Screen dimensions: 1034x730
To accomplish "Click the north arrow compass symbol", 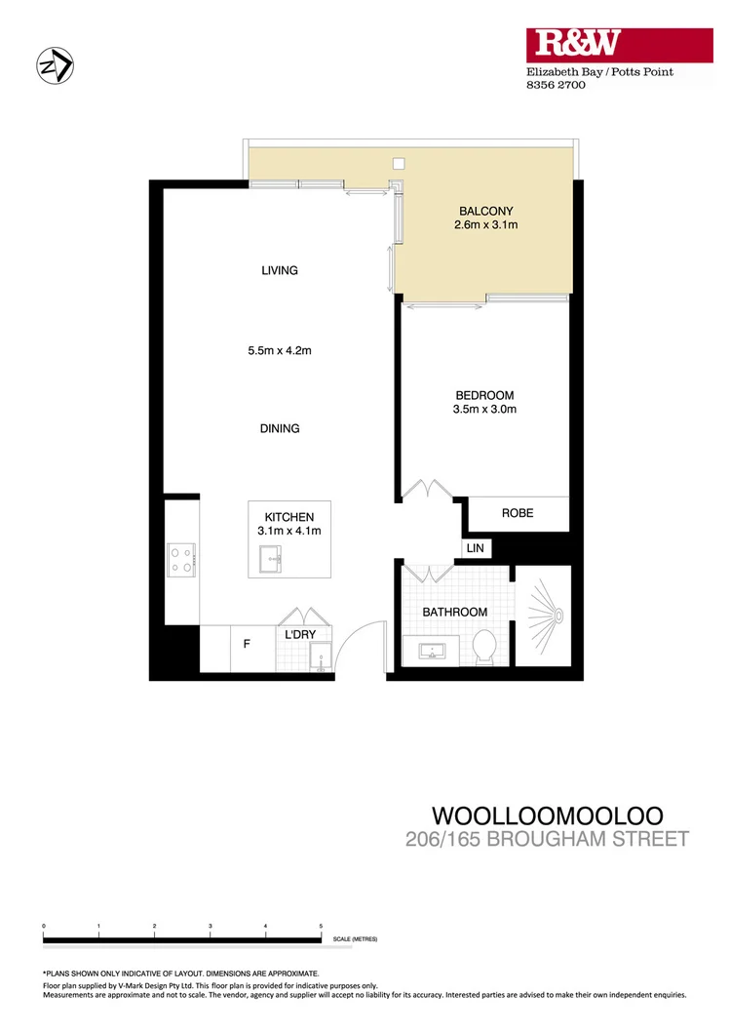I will tap(55, 66).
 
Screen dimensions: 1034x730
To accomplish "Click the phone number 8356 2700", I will tap(549, 86).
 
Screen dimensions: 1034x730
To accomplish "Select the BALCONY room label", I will tap(485, 211).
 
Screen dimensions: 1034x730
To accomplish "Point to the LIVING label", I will tap(279, 270).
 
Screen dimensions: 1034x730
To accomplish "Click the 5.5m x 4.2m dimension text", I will tap(279, 351).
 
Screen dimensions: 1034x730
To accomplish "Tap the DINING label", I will tap(280, 428).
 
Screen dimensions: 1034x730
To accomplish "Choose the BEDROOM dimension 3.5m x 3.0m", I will tap(485, 410).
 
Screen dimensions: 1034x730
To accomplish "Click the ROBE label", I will tap(517, 513).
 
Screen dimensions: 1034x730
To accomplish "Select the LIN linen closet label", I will tap(476, 549).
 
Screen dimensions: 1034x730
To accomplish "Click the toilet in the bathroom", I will tap(484, 647).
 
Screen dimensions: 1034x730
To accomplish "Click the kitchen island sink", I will tap(270, 559).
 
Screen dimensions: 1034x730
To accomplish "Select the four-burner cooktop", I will tap(182, 558).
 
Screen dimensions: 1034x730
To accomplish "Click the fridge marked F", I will tap(246, 644).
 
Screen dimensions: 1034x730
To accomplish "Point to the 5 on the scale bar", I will tap(321, 925).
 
